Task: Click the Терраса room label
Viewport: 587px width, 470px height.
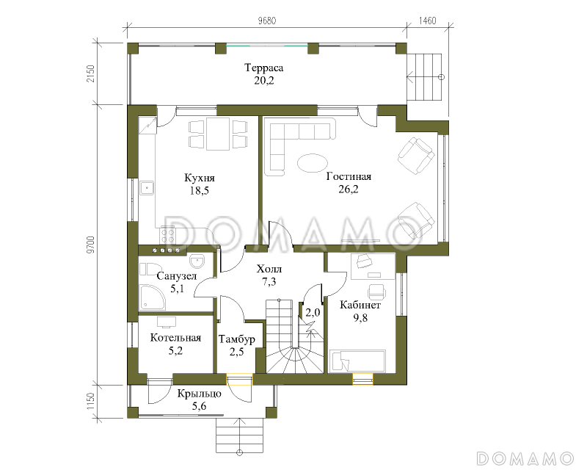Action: pyautogui.click(x=263, y=68)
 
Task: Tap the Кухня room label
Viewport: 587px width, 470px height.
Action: pyautogui.click(x=200, y=178)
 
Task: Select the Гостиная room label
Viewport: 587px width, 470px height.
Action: pyautogui.click(x=349, y=176)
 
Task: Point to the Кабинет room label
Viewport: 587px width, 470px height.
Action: pyautogui.click(x=360, y=305)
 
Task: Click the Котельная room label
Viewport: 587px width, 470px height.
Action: pyautogui.click(x=175, y=338)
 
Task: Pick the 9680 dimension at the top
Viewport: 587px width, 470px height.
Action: pyautogui.click(x=267, y=21)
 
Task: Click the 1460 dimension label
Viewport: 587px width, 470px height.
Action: pyautogui.click(x=427, y=21)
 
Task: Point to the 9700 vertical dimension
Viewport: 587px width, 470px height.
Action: pyautogui.click(x=91, y=244)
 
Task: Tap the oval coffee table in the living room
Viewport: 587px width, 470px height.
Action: pyautogui.click(x=313, y=163)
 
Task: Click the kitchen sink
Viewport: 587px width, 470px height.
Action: pyautogui.click(x=147, y=188)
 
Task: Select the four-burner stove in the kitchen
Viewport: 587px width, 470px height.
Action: pyautogui.click(x=168, y=236)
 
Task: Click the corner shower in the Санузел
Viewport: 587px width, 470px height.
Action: pyautogui.click(x=152, y=297)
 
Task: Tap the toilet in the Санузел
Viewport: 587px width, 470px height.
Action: pyautogui.click(x=147, y=269)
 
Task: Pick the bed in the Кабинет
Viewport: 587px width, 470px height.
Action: pyautogui.click(x=357, y=361)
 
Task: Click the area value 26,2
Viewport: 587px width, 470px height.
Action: pyautogui.click(x=349, y=189)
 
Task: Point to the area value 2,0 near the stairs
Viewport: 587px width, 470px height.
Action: pyautogui.click(x=313, y=312)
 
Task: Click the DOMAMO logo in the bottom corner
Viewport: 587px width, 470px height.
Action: pyautogui.click(x=525, y=458)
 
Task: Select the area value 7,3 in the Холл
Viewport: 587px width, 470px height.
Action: pyautogui.click(x=269, y=281)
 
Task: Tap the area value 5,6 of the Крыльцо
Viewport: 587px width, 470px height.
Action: pyautogui.click(x=199, y=406)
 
